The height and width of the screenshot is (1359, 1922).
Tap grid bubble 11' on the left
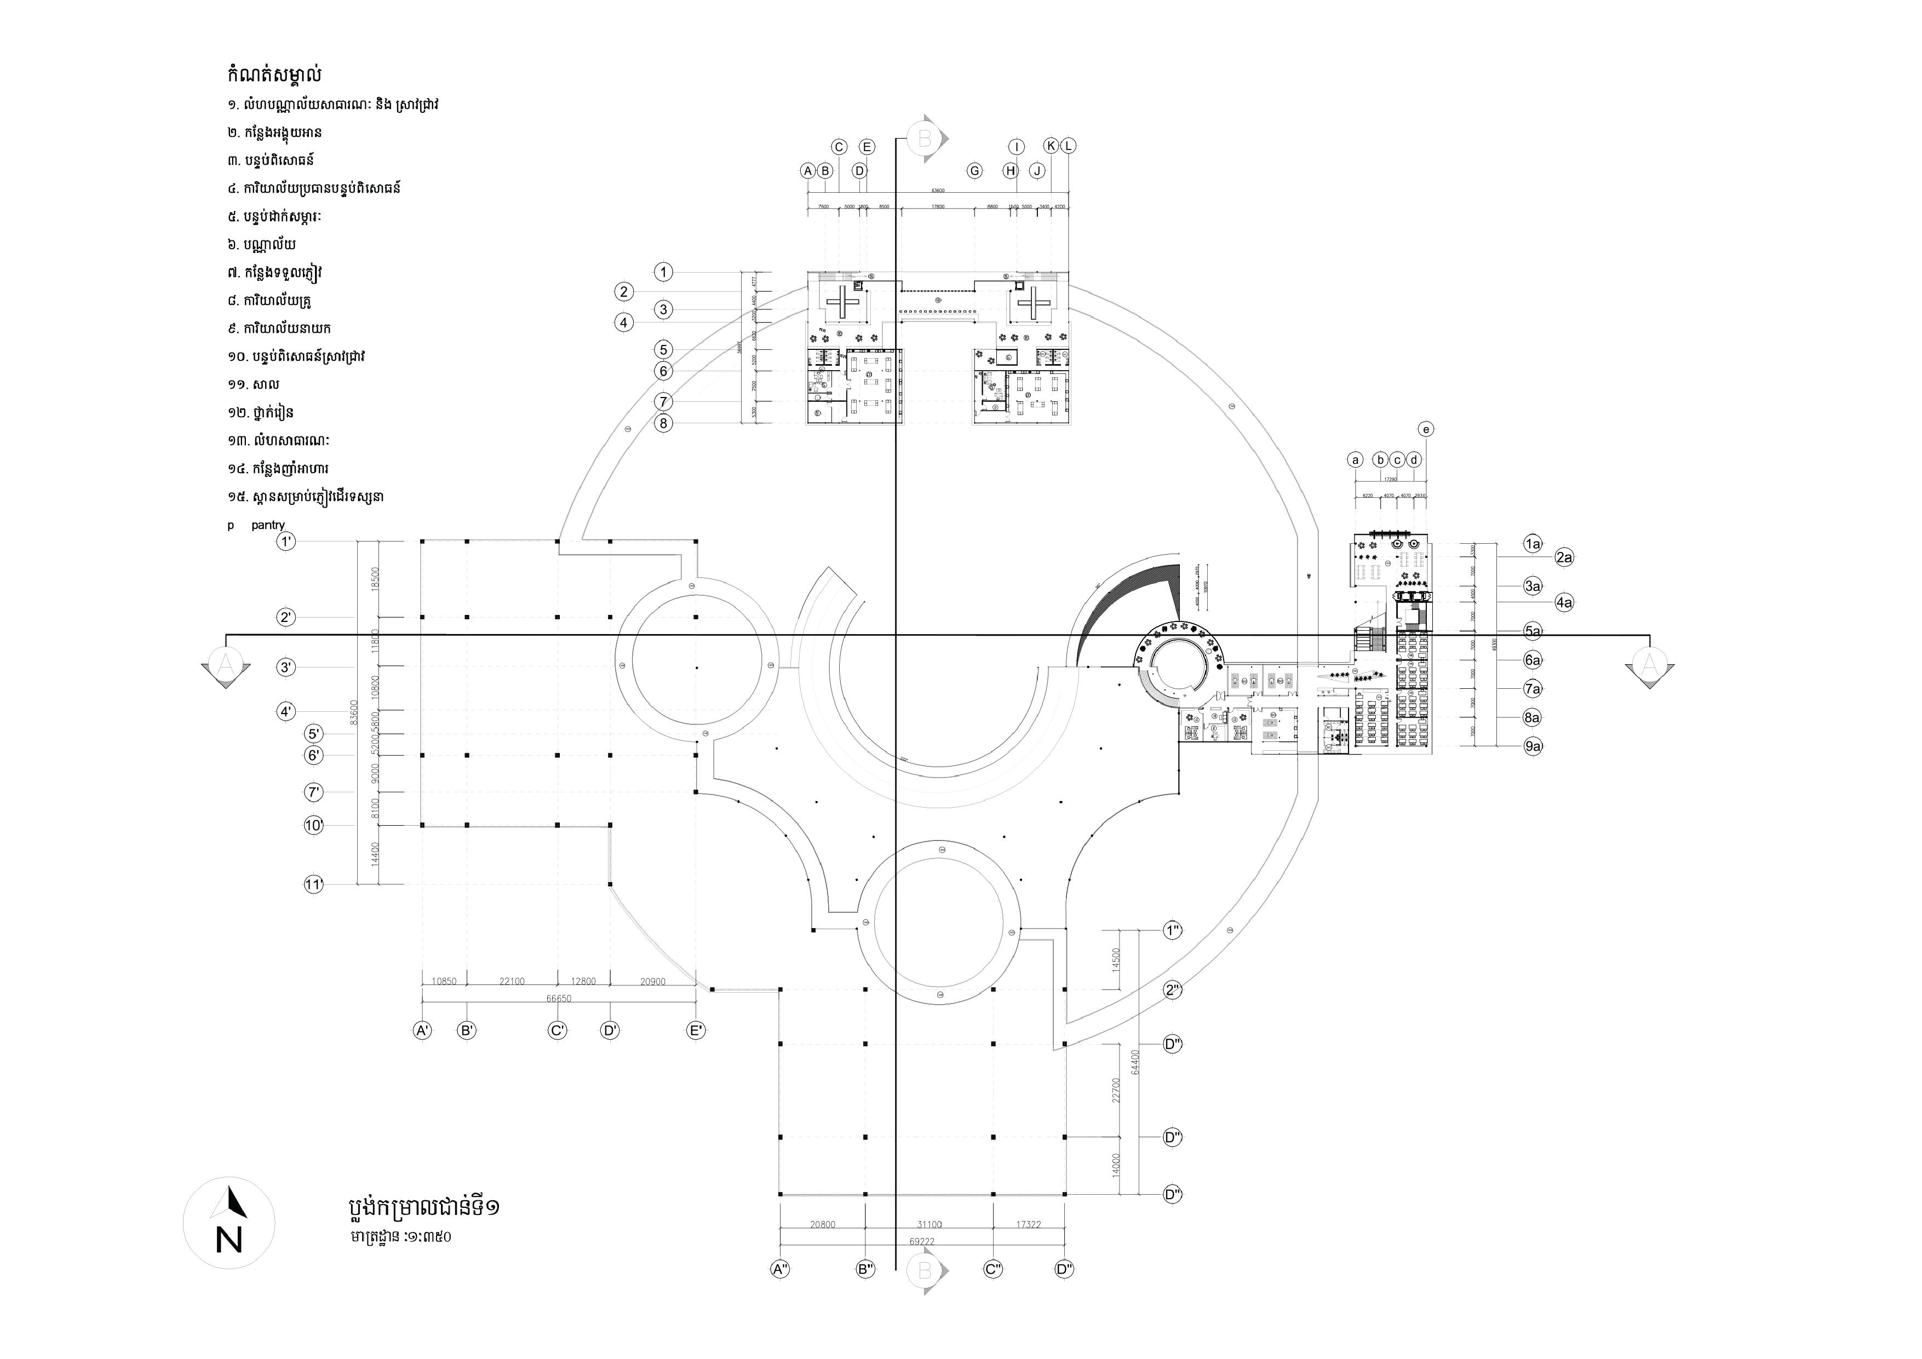[313, 884]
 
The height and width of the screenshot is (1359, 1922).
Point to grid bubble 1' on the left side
[286, 542]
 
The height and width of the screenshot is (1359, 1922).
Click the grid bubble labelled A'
[423, 1031]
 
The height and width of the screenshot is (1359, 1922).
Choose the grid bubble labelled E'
[696, 1031]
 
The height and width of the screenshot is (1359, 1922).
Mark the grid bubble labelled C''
[993, 1269]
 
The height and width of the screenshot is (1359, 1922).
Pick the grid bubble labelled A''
[780, 1269]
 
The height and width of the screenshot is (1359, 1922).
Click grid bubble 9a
[1533, 746]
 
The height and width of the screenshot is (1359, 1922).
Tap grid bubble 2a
[1564, 557]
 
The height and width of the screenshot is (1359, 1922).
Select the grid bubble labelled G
[974, 171]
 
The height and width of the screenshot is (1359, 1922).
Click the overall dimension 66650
[558, 998]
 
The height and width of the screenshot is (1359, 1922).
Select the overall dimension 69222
[922, 1241]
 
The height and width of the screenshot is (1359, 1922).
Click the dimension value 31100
[928, 1224]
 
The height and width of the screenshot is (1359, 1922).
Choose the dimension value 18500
[376, 579]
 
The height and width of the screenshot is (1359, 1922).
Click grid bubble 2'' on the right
[1173, 990]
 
